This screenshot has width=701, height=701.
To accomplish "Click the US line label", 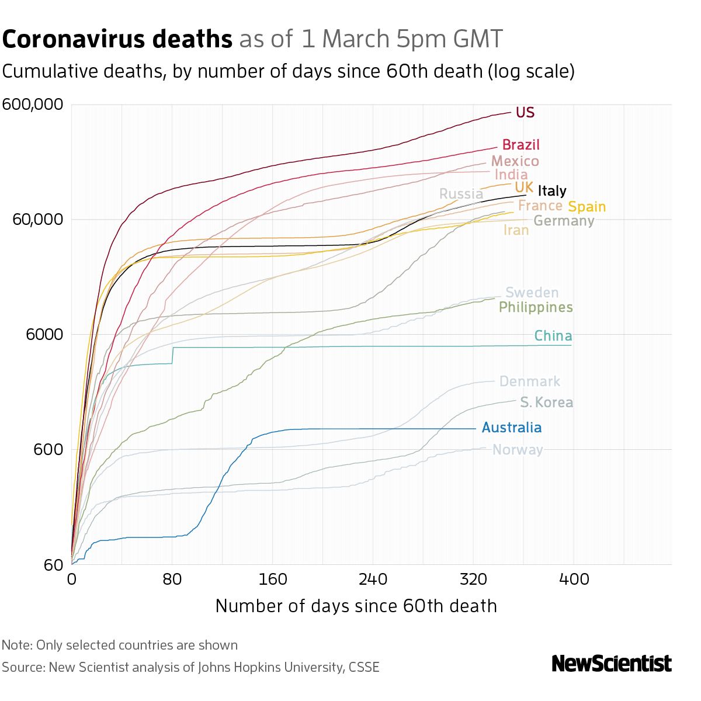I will [x=525, y=112].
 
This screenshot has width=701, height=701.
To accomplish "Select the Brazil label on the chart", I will [x=520, y=145].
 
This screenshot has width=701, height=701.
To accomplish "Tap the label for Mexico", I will [x=515, y=161].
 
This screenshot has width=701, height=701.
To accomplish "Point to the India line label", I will [x=511, y=175].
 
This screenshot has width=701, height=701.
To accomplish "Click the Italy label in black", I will [x=551, y=191].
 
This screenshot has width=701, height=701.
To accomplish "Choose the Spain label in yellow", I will [x=587, y=207].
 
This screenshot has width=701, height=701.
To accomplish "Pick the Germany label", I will [x=563, y=221].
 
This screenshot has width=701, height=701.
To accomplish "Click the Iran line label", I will [x=516, y=231].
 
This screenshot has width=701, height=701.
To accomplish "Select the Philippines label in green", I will [x=535, y=307].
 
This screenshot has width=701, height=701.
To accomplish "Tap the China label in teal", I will [x=553, y=336].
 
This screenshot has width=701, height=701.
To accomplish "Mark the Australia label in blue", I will [x=512, y=428].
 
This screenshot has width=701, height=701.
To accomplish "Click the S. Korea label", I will [x=546, y=402].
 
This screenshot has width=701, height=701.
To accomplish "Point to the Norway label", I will [x=518, y=450].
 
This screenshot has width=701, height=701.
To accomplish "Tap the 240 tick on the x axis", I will [x=373, y=579].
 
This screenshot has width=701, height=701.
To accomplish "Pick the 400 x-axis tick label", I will [x=573, y=579].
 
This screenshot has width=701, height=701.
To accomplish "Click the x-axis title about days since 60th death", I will [x=356, y=606].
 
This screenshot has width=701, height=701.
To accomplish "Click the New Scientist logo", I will [x=611, y=664].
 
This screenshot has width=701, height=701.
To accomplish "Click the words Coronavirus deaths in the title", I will [x=117, y=40].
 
